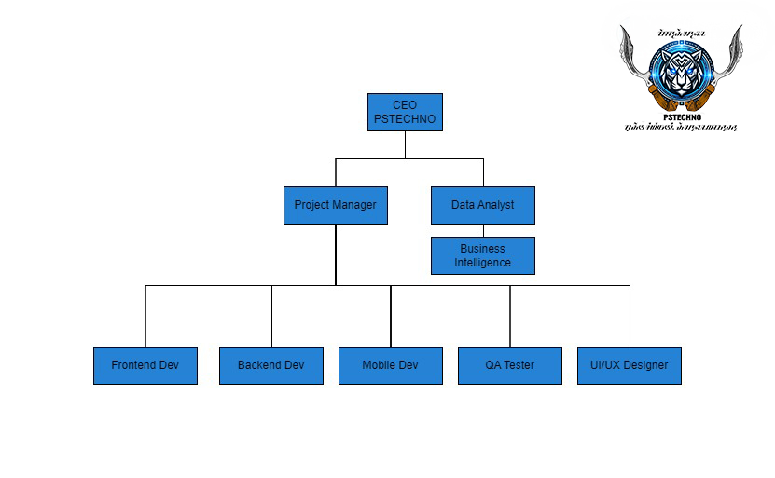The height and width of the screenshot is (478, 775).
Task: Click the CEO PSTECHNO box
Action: pyautogui.click(x=405, y=112)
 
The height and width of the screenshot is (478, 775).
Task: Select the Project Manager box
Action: pyautogui.click(x=335, y=205)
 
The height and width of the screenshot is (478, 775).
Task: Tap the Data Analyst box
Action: pyautogui.click(x=482, y=205)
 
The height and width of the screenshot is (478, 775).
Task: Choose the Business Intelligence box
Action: pyautogui.click(x=482, y=255)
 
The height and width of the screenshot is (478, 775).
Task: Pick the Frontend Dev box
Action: pyautogui.click(x=145, y=365)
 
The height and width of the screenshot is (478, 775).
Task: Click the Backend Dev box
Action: pyautogui.click(x=270, y=365)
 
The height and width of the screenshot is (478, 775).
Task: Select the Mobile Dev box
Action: pyautogui.click(x=390, y=365)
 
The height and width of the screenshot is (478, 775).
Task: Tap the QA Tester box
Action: pyautogui.click(x=509, y=365)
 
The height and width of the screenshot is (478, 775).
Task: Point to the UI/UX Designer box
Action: pyautogui.click(x=629, y=365)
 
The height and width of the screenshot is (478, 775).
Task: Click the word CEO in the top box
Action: pyautogui.click(x=405, y=105)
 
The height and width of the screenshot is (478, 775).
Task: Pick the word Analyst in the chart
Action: pyautogui.click(x=495, y=205)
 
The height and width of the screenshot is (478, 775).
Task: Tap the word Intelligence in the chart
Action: pyautogui.click(x=482, y=263)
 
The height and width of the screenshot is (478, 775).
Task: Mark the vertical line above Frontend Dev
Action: pyautogui.click(x=145, y=317)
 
